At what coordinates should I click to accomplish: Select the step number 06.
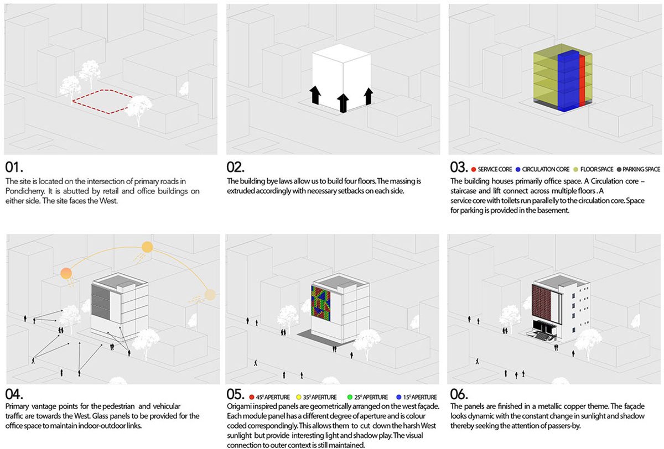pyautogui.click(x=460, y=395)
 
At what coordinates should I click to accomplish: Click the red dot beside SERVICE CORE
pyautogui.click(x=473, y=169)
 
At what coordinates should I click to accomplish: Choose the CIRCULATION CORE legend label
pyautogui.click(x=546, y=169)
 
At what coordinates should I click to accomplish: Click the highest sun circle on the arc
pyautogui.click(x=147, y=247)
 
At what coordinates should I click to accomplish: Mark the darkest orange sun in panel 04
pyautogui.click(x=66, y=273)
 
